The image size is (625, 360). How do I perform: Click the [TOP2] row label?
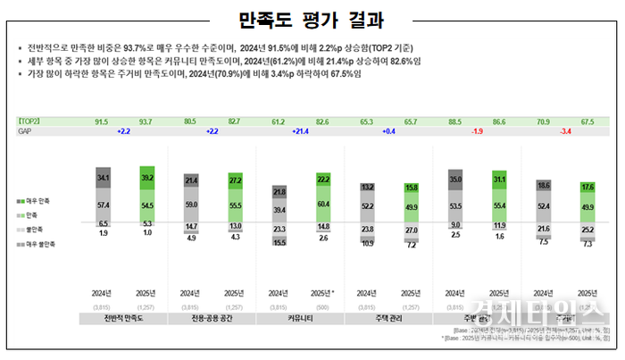(29, 120)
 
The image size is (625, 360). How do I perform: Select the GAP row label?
(24, 130)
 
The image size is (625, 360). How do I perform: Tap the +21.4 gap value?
(300, 130)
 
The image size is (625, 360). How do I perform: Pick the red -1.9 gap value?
(477, 130)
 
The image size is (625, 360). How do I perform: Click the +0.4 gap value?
(388, 130)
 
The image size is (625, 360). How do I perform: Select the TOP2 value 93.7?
(146, 120)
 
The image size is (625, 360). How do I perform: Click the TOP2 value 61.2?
(279, 120)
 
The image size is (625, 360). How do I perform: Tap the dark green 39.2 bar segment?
(146, 177)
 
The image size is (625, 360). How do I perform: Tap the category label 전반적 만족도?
(123, 318)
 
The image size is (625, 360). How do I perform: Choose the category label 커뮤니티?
(300, 318)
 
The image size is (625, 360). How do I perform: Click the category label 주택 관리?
(388, 318)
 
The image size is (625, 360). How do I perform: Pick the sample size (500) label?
(322, 306)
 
